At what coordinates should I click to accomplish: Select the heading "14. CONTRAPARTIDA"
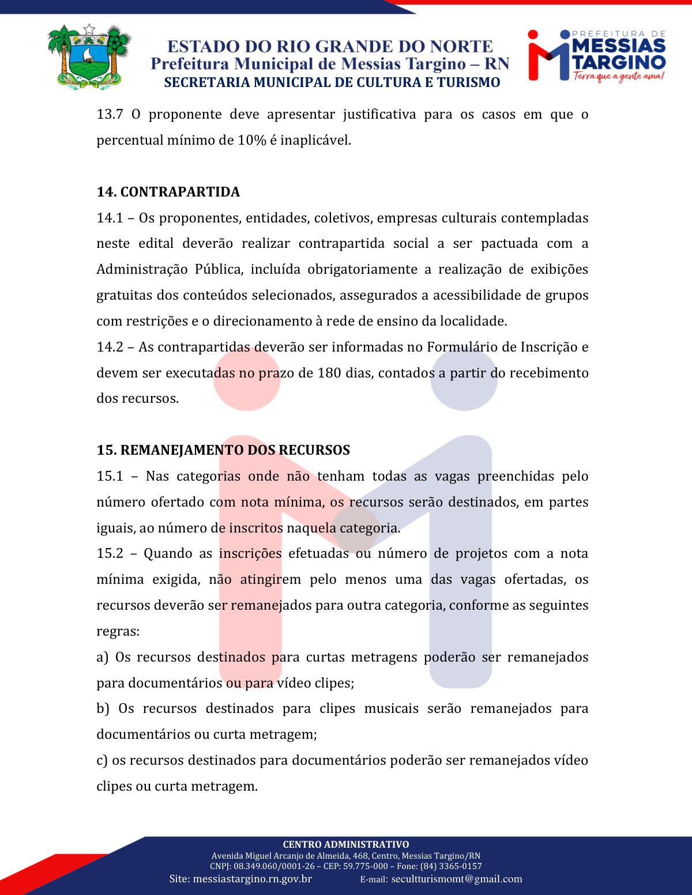(x=168, y=192)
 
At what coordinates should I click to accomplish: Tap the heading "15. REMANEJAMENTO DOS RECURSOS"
(x=223, y=450)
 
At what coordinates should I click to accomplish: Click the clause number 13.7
(x=110, y=114)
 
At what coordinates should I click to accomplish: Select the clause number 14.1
(x=110, y=218)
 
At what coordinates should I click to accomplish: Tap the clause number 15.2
(x=110, y=554)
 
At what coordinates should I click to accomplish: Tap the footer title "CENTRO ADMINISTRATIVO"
(x=346, y=845)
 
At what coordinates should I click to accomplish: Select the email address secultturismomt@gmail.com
(x=457, y=879)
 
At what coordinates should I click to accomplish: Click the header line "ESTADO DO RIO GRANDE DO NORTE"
(x=330, y=47)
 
